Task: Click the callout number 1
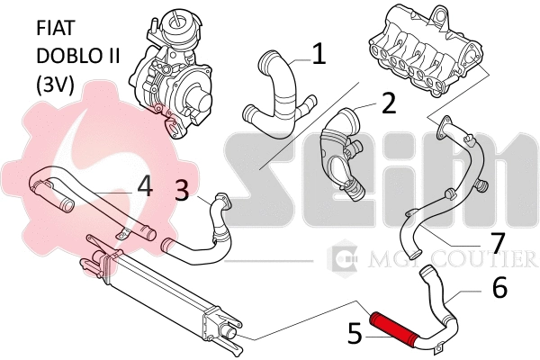pyautogui.click(x=318, y=55)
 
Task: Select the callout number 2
pyautogui.click(x=388, y=103)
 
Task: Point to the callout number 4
pyautogui.click(x=144, y=185)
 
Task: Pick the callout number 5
pyautogui.click(x=355, y=334)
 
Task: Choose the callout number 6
pyautogui.click(x=499, y=287)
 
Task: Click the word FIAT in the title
pyautogui.click(x=56, y=28)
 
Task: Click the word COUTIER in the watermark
pyautogui.click(x=490, y=261)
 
